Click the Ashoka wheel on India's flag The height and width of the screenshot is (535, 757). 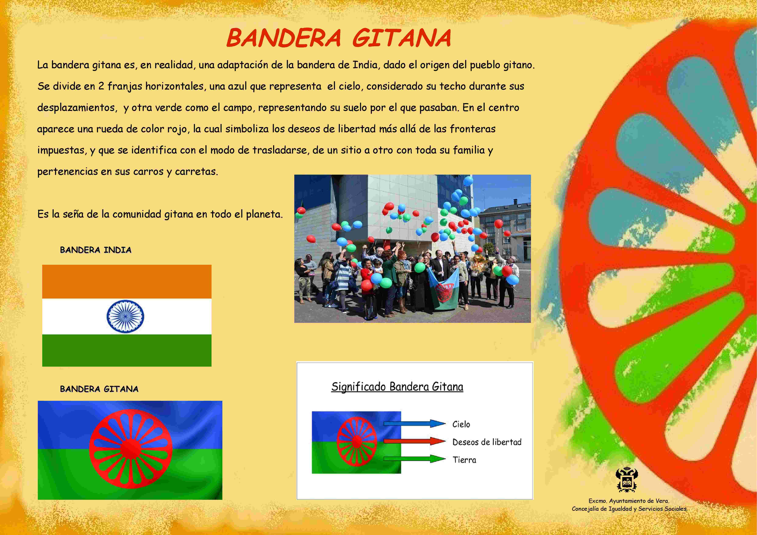[x=125, y=316]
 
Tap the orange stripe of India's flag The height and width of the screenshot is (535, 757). [x=127, y=282]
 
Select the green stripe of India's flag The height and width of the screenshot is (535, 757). [x=127, y=350]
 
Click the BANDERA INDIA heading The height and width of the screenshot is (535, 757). [x=96, y=250]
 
